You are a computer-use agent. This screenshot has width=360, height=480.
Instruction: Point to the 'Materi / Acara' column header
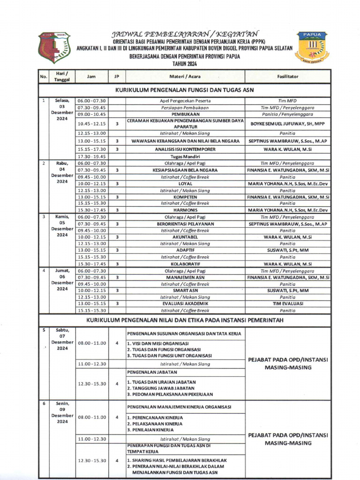click(185, 76)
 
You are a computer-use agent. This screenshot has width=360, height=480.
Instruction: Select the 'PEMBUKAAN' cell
click(185, 114)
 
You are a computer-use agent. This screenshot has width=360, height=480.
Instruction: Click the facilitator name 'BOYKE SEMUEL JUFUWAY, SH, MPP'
click(288, 124)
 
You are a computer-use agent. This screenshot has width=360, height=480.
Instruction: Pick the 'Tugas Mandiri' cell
click(185, 157)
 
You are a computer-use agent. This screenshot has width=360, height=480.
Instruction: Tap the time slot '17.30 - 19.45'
click(92, 157)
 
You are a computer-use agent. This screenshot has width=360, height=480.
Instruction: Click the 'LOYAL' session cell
click(185, 184)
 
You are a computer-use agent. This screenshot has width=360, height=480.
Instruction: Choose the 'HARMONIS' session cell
click(185, 210)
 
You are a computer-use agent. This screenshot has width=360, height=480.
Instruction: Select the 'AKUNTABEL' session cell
click(185, 237)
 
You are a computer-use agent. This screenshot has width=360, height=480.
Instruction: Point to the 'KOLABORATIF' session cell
click(185, 264)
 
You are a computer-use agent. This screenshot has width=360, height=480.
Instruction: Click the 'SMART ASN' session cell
click(185, 291)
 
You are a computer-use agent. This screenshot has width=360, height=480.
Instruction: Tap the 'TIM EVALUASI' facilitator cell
click(288, 303)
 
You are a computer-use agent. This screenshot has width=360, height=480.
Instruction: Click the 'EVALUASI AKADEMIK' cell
click(185, 303)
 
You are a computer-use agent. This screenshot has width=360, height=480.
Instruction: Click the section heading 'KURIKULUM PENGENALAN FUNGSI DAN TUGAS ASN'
click(185, 90)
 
